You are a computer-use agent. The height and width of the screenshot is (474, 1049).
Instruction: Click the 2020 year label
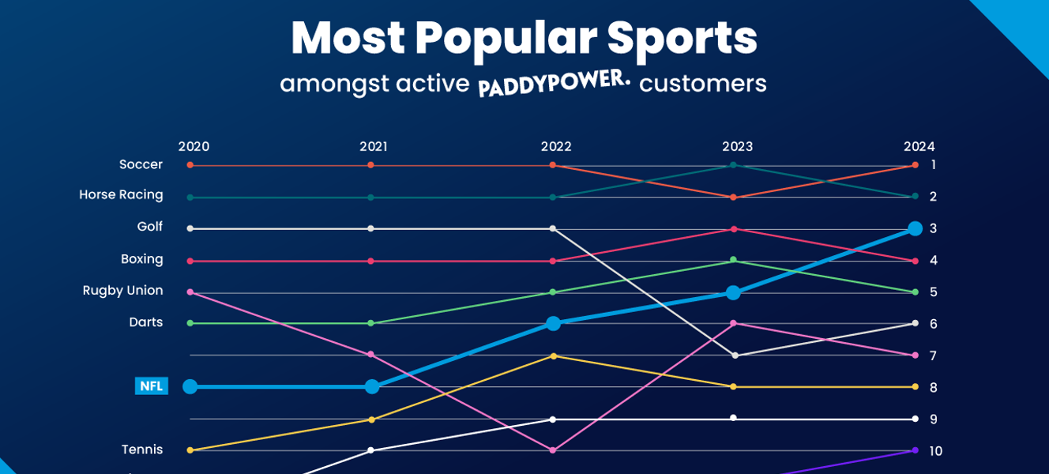[194, 147]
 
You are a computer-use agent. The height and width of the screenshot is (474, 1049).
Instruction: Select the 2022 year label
[556, 147]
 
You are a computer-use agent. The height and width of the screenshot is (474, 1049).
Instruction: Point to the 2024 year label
[919, 147]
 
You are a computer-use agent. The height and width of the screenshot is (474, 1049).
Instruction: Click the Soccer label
[141, 164]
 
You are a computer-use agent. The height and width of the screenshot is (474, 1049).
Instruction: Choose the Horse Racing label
[121, 195]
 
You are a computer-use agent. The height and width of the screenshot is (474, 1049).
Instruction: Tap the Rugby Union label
[122, 291]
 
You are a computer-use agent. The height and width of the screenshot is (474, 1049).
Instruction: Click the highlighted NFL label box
[151, 386]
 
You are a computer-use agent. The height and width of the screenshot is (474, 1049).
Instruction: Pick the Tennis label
[142, 450]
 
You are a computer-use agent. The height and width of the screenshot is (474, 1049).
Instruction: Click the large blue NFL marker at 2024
[915, 228]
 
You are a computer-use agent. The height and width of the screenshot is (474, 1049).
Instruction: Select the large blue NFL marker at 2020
[190, 386]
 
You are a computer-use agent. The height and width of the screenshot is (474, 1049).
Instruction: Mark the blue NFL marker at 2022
[553, 323]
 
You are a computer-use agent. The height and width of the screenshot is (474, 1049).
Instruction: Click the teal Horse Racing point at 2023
[734, 165]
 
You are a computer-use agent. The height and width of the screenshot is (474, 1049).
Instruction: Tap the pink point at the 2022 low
[553, 450]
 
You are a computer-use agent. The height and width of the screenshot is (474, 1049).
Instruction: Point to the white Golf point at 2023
[735, 355]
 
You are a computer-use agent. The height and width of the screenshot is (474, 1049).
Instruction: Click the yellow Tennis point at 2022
[553, 355]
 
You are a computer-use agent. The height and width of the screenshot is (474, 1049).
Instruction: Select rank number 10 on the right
[935, 451]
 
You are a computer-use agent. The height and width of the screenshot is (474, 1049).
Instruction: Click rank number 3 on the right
[933, 228]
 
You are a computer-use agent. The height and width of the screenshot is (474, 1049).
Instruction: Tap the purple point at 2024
[915, 450]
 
